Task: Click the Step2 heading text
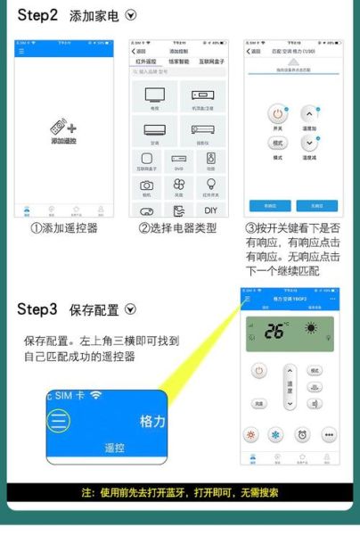38,16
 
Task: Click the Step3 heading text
38,309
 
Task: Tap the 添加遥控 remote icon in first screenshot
63,129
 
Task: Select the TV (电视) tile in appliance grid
154,96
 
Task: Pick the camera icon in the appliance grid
147,185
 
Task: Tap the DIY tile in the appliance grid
210,210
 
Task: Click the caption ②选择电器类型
177,229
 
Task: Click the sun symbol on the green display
311,329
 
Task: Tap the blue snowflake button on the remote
276,435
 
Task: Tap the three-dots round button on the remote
330,435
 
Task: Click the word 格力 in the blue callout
151,420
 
